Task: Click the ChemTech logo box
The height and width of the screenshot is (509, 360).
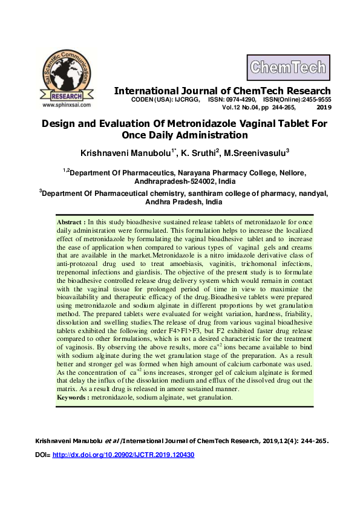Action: [287, 68]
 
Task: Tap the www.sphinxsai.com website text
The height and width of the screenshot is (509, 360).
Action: [67, 105]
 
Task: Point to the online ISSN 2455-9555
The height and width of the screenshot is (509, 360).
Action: [315, 99]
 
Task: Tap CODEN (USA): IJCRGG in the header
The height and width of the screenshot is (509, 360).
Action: [166, 99]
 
